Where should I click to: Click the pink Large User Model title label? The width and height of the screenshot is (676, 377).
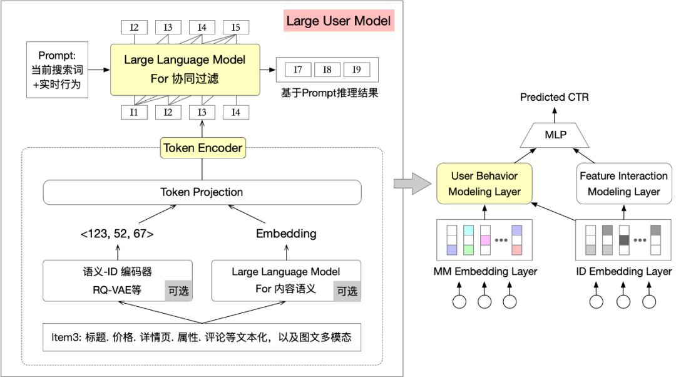coord(339,21)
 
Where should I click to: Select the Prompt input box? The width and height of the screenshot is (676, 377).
coord(58,70)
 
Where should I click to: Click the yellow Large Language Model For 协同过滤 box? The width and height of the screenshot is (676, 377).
coord(185,70)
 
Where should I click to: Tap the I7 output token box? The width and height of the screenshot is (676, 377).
coord(298,70)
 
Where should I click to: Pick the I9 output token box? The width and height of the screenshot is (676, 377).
coord(357,70)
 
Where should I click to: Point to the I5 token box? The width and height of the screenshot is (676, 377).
coord(236,27)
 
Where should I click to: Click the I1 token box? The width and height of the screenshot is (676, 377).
coord(134,113)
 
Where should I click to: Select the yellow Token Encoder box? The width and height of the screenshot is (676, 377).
coord(203,148)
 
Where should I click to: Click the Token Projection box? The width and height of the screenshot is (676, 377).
coord(202,192)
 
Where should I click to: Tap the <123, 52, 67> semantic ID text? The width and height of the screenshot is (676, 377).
coord(117,234)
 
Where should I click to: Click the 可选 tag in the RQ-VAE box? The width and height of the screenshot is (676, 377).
coord(178,291)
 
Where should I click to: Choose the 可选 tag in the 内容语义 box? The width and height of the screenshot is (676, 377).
coord(347,291)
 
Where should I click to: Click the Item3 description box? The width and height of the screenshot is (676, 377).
coord(202,338)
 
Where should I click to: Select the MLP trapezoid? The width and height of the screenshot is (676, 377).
coord(555,135)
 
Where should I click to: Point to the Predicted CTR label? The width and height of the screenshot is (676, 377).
coord(555,97)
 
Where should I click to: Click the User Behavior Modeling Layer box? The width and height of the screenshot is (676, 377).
coord(484,183)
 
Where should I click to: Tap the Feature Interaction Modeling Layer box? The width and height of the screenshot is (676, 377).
coord(624,183)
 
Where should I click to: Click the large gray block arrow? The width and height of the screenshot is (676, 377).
coord(412,183)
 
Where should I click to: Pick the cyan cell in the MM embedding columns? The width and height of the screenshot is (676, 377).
coord(468,230)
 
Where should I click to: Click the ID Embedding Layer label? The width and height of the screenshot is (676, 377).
coord(624,271)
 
